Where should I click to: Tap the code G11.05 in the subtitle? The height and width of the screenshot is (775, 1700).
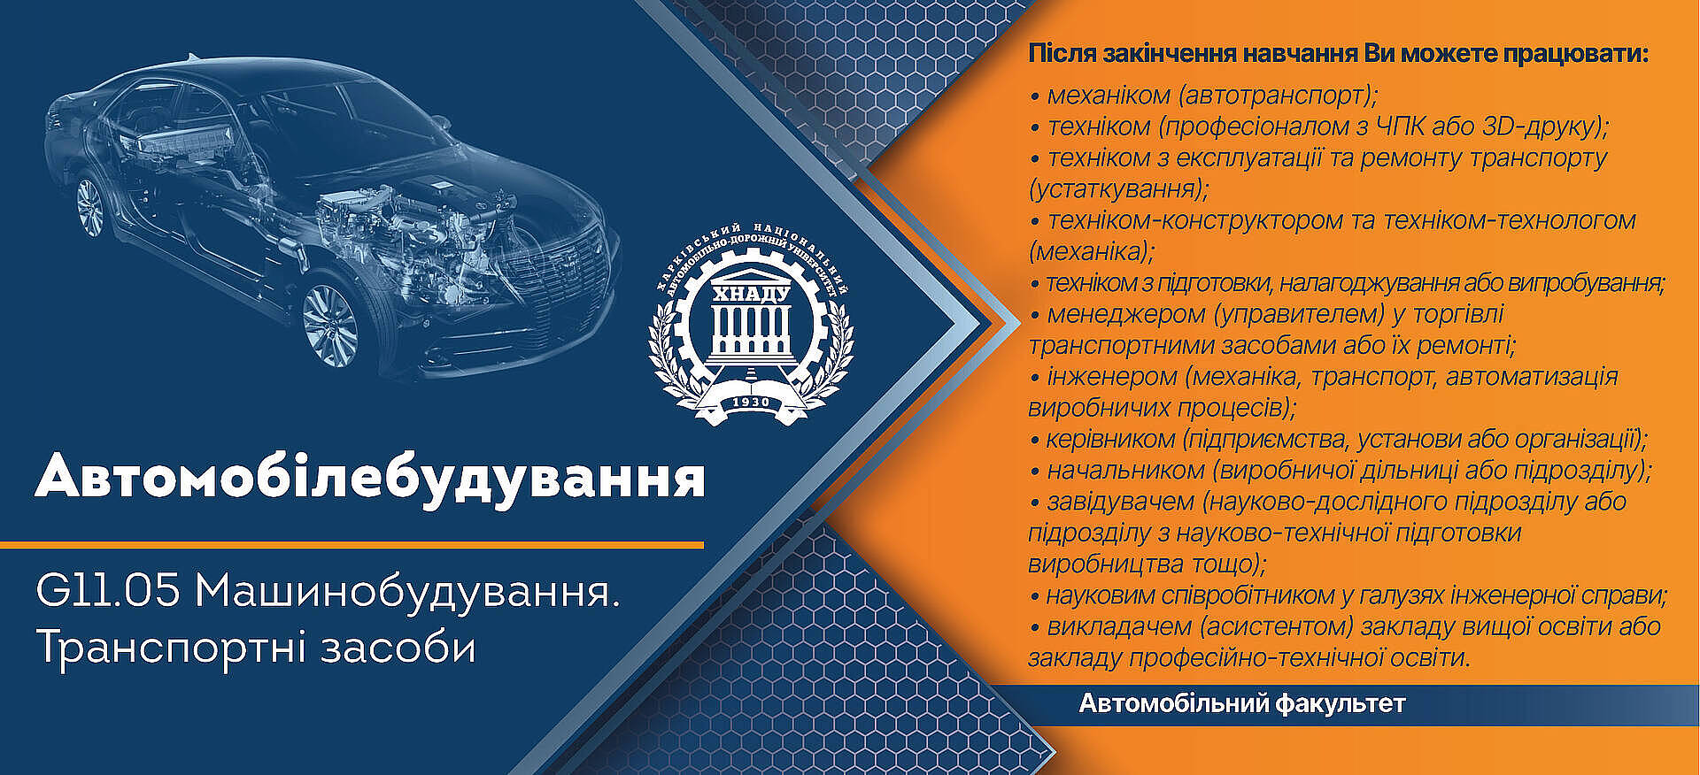(108, 591)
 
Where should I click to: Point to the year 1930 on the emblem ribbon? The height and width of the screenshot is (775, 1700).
(751, 403)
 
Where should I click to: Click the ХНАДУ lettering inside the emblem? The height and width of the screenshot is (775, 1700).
(751, 294)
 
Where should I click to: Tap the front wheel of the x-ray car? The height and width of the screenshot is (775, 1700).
(330, 325)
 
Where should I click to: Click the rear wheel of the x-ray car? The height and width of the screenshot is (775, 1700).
(89, 206)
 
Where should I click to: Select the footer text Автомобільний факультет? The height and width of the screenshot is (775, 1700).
(1242, 704)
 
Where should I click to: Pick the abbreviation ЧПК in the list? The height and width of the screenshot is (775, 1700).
(1399, 127)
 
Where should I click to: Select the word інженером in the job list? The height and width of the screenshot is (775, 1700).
(1112, 378)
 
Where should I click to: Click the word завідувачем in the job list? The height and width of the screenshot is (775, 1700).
(1121, 503)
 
